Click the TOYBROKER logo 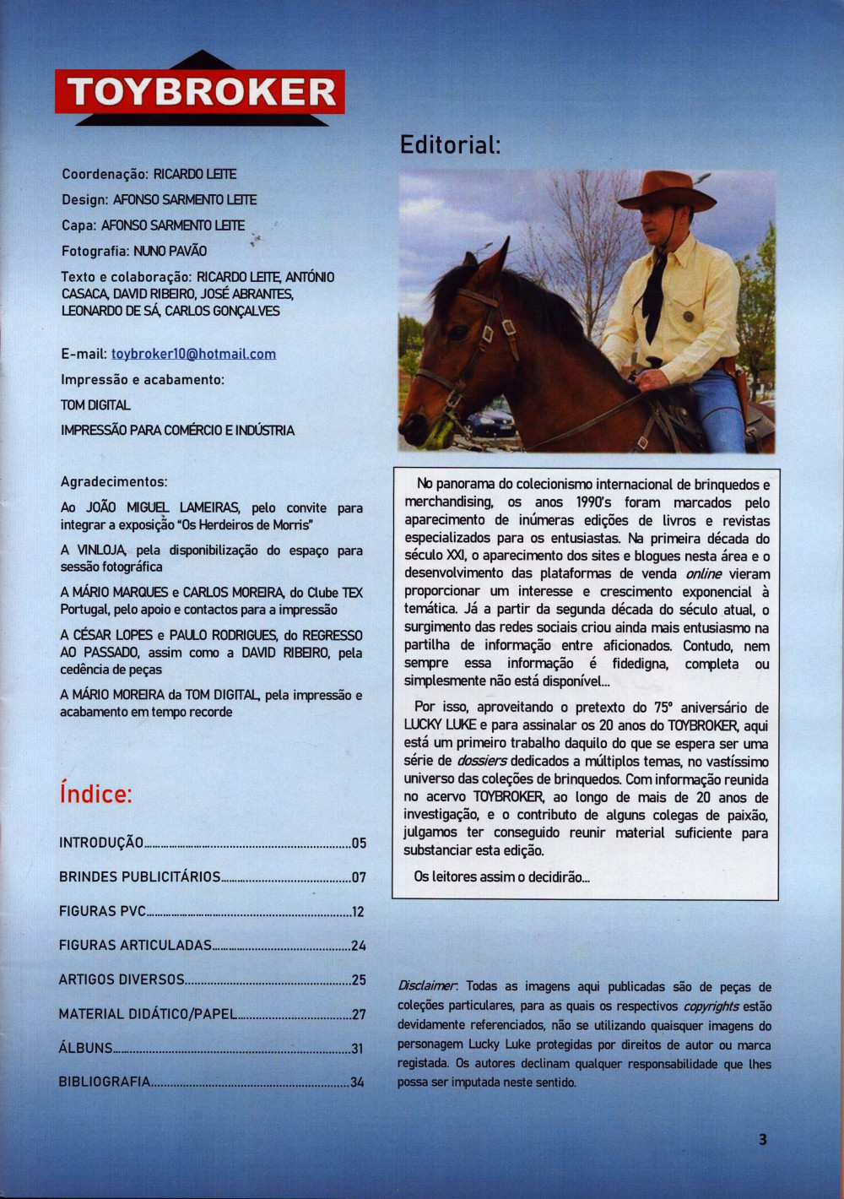coord(200,91)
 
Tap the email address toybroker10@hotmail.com coord(193,354)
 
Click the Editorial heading coord(450,144)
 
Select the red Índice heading coord(96,795)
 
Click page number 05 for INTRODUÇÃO coord(359,843)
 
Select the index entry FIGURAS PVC coord(102,911)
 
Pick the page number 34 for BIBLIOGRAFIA coord(357,1082)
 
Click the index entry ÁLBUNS coord(85,1048)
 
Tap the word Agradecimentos coord(114,481)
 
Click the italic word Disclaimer coord(427,986)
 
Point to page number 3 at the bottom coord(763,1139)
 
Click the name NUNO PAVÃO coord(170,251)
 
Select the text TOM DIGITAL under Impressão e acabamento coord(95,405)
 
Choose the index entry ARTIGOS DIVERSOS coord(122,979)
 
